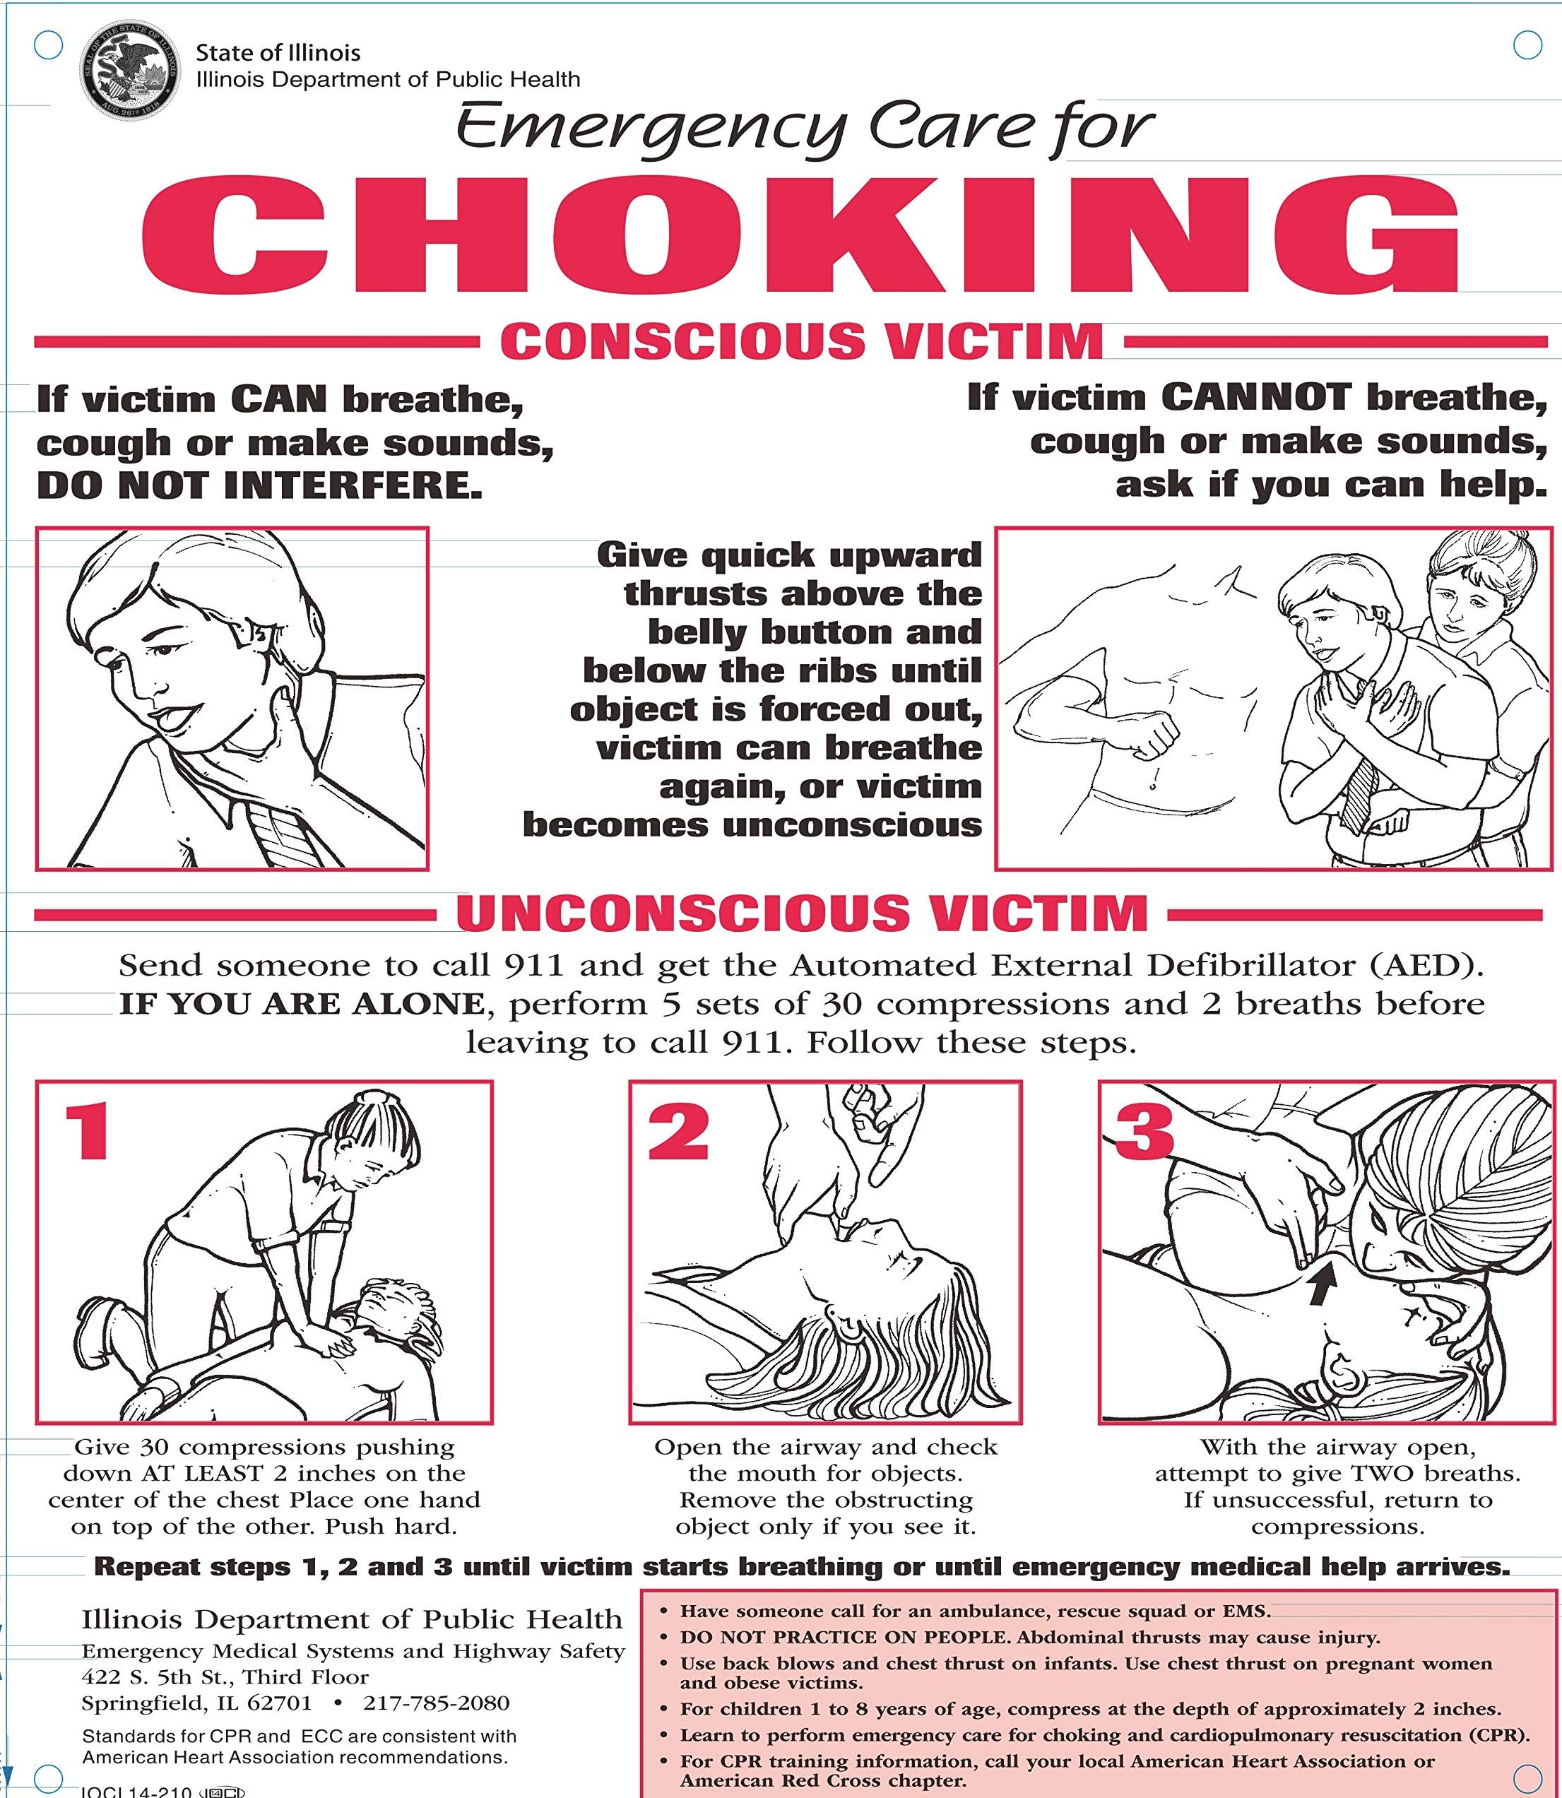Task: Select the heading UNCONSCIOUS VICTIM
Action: pyautogui.click(x=801, y=913)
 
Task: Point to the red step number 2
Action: pyautogui.click(x=678, y=1130)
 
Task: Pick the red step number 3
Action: pyautogui.click(x=1143, y=1131)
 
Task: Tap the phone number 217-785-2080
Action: pyautogui.click(x=436, y=1702)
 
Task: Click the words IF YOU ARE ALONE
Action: pyautogui.click(x=301, y=1004)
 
